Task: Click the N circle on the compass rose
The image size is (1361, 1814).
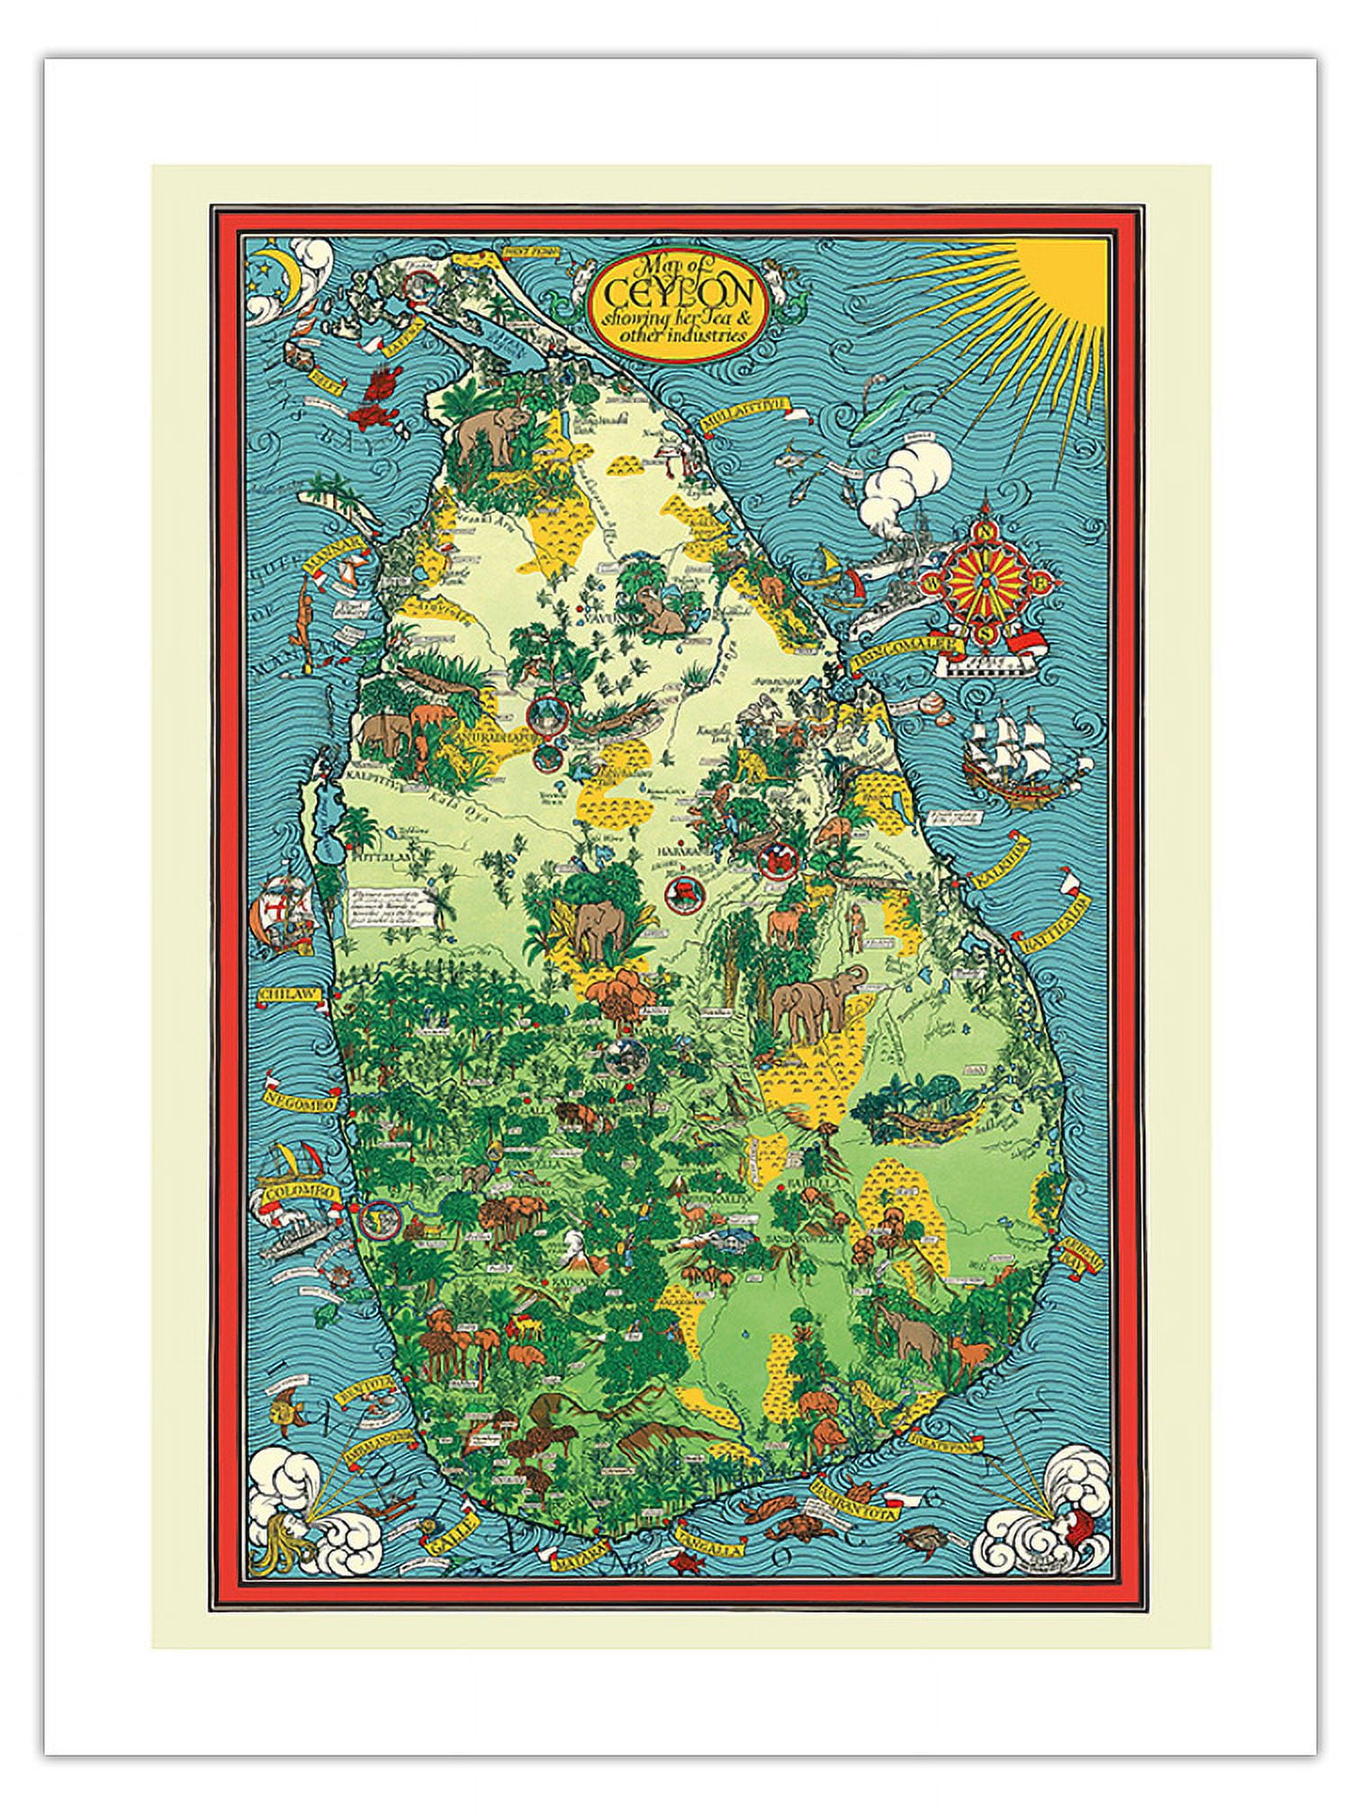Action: (x=986, y=531)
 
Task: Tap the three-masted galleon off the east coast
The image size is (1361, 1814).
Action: (x=1007, y=753)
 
